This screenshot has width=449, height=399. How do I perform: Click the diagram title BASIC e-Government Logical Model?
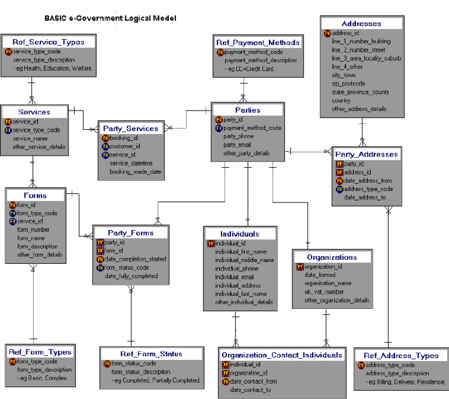coord(110,18)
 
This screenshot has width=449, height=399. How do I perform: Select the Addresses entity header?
coord(361,24)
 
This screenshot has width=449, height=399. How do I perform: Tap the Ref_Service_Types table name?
coord(49,42)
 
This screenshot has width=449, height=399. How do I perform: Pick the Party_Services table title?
coord(130,128)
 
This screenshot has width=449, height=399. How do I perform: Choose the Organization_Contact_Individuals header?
coord(282,355)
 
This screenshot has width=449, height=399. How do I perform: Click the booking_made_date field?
coord(135,171)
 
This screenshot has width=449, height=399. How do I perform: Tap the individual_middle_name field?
coord(244,260)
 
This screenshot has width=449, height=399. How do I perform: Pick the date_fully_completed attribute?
coord(131,276)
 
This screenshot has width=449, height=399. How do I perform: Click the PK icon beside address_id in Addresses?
coord(327,33)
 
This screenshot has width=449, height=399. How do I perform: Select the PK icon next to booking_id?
coord(106,137)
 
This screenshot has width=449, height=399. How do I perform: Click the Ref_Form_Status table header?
coord(151,354)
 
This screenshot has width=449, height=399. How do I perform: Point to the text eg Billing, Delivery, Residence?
coord(405,382)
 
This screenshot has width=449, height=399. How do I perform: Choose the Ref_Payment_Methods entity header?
coord(258,43)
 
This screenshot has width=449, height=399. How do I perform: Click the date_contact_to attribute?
coord(251,390)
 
